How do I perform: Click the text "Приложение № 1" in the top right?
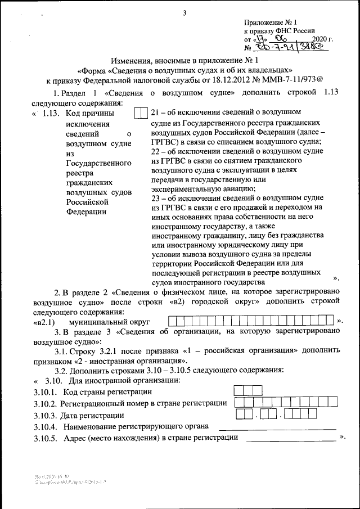point(268,22)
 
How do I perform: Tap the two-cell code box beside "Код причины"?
point(141,113)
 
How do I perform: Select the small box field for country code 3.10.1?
point(248,390)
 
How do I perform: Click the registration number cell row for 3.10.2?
point(286,402)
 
